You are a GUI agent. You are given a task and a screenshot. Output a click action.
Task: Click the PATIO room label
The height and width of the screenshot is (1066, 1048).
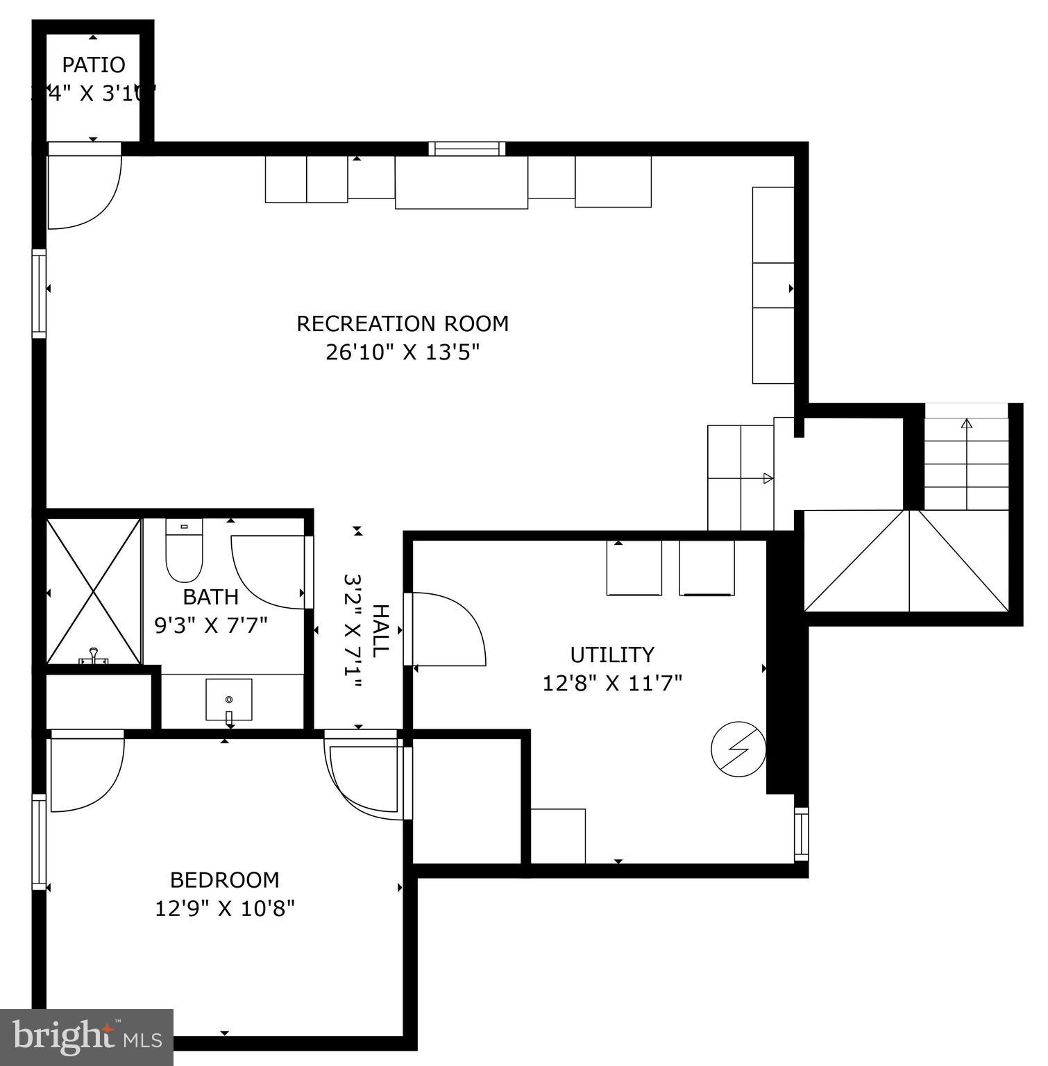pyautogui.click(x=94, y=65)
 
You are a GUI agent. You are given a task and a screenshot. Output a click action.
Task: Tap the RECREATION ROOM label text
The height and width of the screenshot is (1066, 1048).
pyautogui.click(x=403, y=323)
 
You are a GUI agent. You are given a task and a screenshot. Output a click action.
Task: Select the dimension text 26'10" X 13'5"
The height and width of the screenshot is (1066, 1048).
pyautogui.click(x=403, y=353)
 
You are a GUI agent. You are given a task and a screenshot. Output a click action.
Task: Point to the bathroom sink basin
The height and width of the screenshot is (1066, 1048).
pyautogui.click(x=228, y=700)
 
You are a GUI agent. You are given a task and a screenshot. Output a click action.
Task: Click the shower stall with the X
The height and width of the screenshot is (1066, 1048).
pyautogui.click(x=94, y=590)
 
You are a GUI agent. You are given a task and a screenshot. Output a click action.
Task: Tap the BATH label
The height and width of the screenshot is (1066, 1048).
pyautogui.click(x=210, y=597)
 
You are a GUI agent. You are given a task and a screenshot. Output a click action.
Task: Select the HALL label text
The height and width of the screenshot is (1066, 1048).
pyautogui.click(x=380, y=630)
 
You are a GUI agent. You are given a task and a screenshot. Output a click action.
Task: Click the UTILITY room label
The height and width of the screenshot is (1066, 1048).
pyautogui.click(x=612, y=654)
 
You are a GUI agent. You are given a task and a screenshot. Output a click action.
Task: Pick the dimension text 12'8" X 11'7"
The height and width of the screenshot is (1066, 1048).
pyautogui.click(x=612, y=683)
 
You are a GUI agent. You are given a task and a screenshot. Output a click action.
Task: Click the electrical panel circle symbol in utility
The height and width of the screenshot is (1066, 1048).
pyautogui.click(x=738, y=750)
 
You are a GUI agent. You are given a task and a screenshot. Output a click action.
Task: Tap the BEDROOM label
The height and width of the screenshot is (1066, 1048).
pyautogui.click(x=225, y=879)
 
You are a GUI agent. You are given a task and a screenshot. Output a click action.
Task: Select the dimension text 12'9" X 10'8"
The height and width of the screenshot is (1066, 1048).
pyautogui.click(x=225, y=908)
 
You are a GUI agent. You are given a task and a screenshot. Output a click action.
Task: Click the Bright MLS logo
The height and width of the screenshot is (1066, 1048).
pyautogui.click(x=87, y=1038)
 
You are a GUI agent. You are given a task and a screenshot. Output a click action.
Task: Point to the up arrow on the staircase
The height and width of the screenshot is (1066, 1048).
pyautogui.click(x=966, y=425)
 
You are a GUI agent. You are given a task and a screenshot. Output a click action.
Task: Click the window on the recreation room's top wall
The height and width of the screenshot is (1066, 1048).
pyautogui.click(x=466, y=149)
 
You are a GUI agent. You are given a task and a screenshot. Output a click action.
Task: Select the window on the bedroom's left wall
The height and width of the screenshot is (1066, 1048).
pyautogui.click(x=39, y=842)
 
